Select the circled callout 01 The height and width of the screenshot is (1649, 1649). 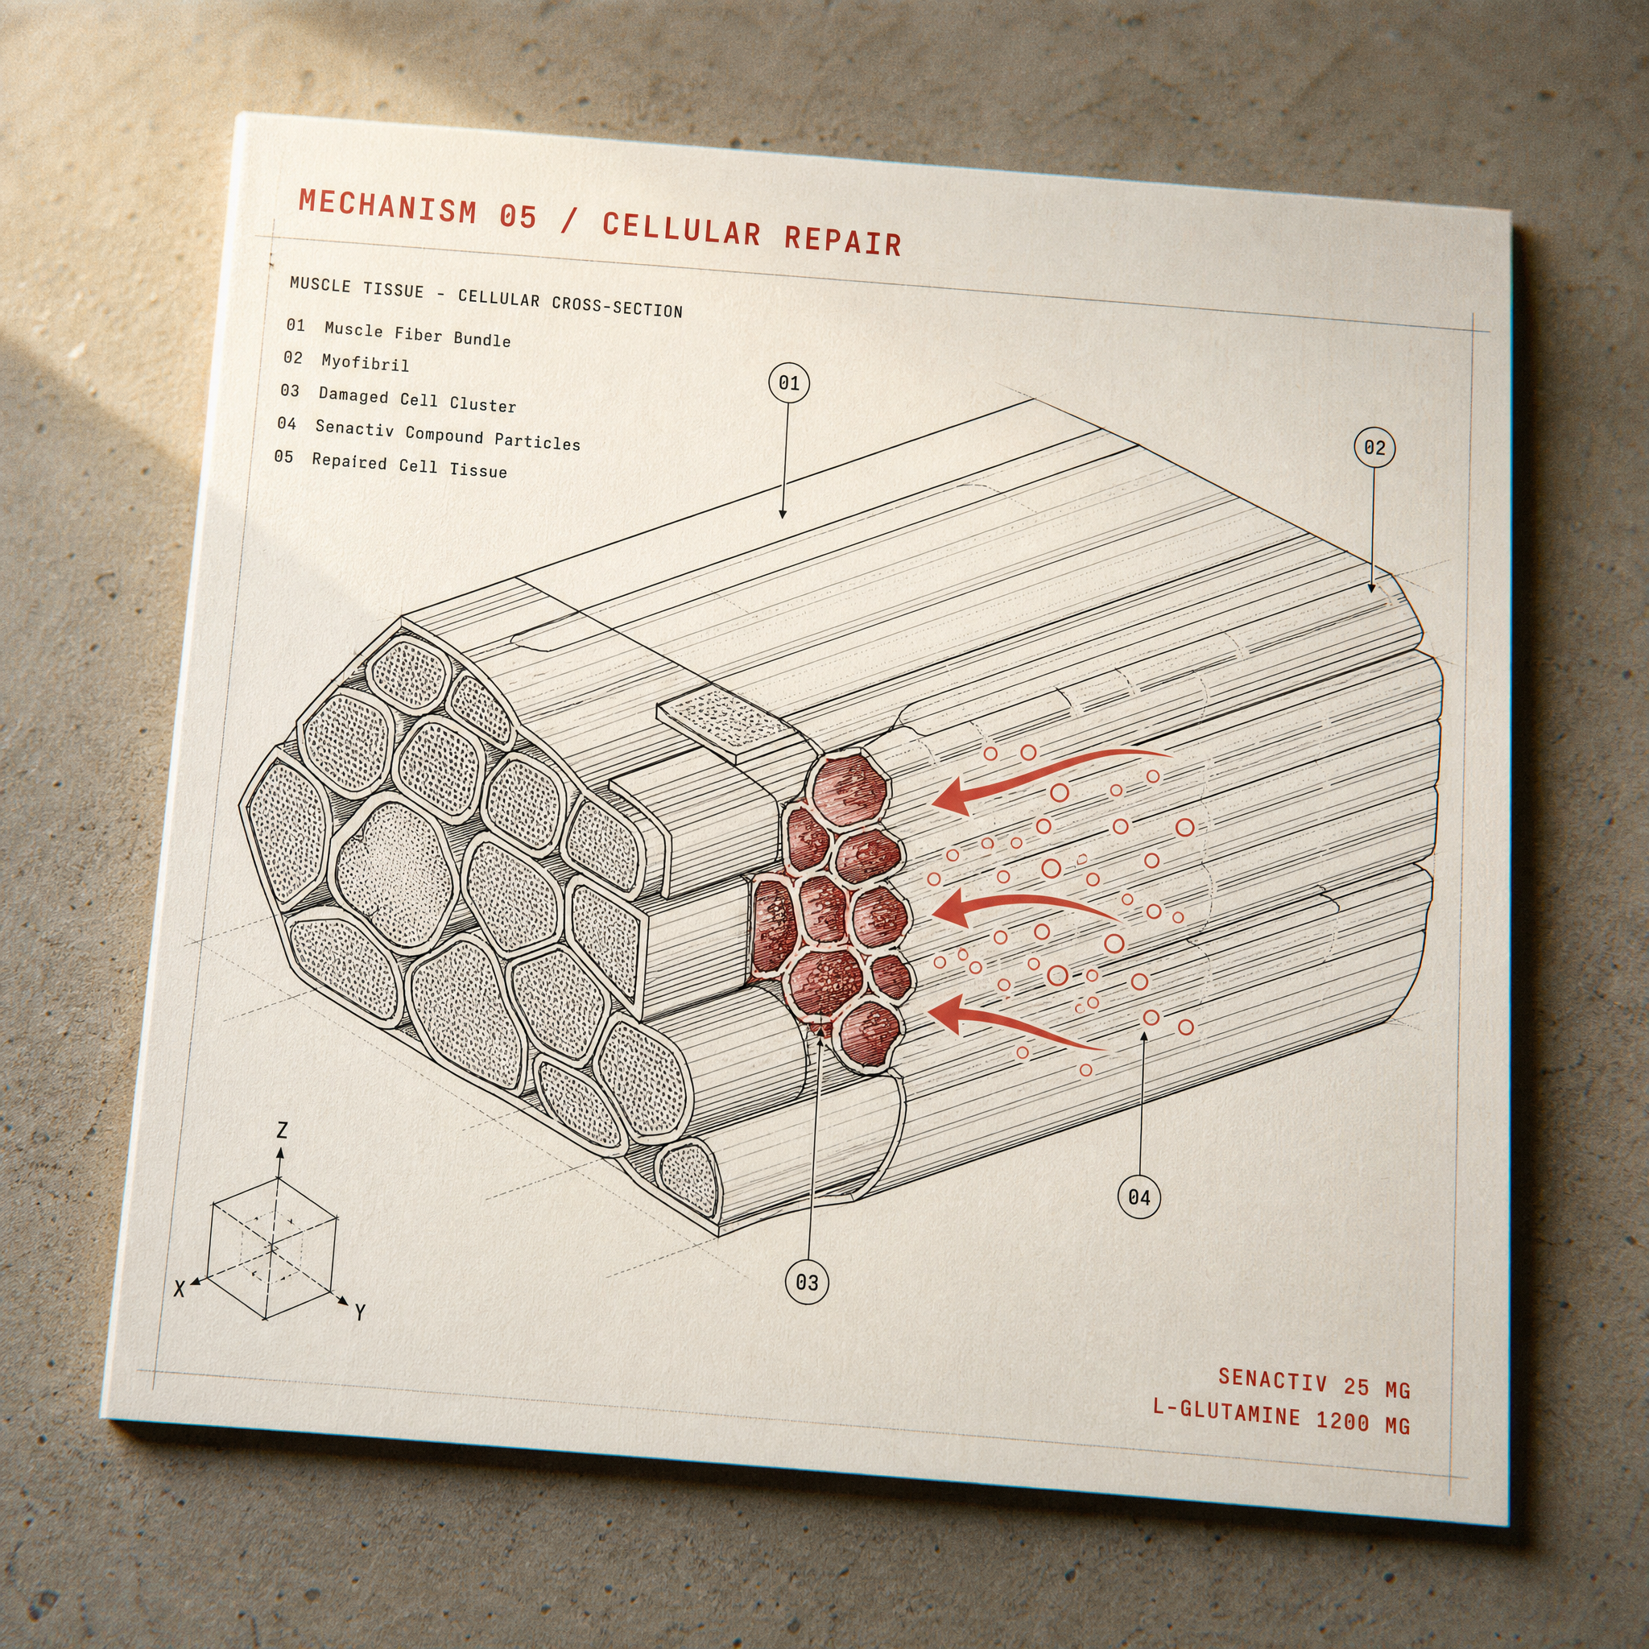point(788,383)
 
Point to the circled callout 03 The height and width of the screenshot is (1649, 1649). point(807,1282)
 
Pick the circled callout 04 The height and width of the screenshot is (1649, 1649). point(1139,1196)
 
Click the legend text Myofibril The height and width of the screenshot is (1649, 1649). point(365,363)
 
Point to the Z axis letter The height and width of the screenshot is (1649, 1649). point(282,1131)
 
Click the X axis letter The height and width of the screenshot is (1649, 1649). point(180,1290)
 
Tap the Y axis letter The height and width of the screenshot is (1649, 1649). point(359,1312)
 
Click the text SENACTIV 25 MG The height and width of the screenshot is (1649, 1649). point(1313,1382)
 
